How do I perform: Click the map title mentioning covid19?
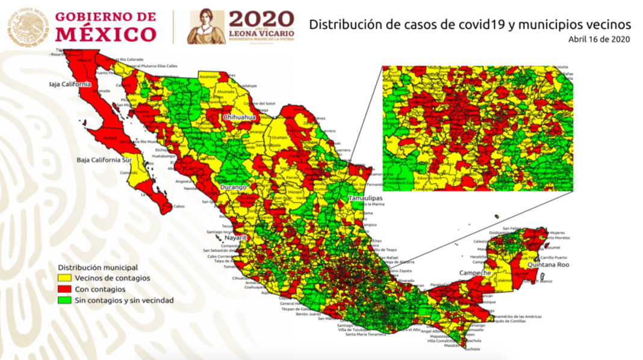point(470,25)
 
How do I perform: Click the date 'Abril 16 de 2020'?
point(599,39)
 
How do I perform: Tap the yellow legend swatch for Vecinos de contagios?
point(64,278)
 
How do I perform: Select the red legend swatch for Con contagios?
point(64,289)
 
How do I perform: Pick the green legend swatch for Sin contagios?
point(64,300)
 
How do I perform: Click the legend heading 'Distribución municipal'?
point(98,267)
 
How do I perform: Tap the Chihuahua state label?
point(240,117)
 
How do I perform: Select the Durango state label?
point(234,188)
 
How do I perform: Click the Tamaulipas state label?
point(365,197)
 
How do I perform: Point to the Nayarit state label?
point(237,238)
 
